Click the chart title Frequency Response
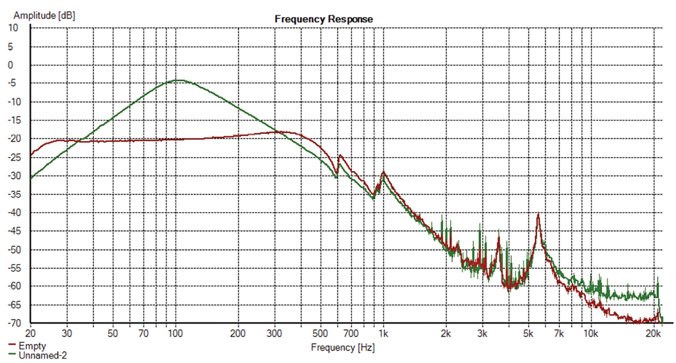[x=323, y=19]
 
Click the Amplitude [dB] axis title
[x=45, y=15]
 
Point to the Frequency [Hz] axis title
[x=343, y=347]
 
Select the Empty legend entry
[x=32, y=346]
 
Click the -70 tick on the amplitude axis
[x=12, y=324]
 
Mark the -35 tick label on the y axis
[x=12, y=194]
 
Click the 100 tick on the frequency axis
[x=176, y=332]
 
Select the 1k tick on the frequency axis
[x=384, y=332]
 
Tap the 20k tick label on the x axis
[x=653, y=332]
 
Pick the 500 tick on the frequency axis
[x=321, y=332]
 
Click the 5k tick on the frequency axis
[x=528, y=332]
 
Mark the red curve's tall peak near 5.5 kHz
[x=539, y=213]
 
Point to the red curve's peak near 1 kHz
[x=384, y=171]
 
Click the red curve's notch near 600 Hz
[x=337, y=174]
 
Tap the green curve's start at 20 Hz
[x=31, y=178]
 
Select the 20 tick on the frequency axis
[x=30, y=332]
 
